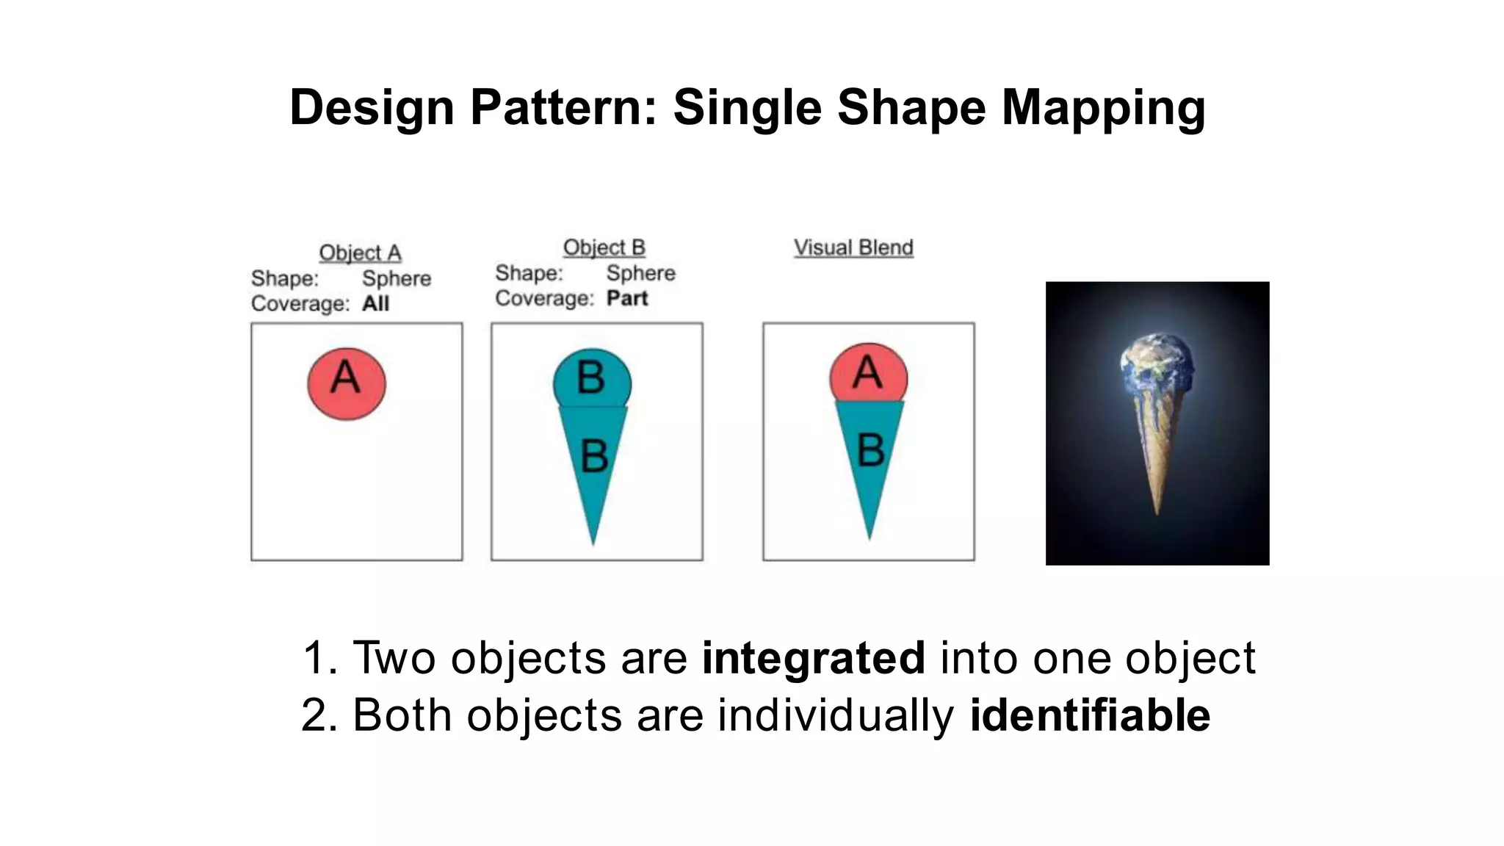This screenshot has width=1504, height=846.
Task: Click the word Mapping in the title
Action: pos(1103,108)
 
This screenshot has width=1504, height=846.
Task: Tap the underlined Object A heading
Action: pos(360,253)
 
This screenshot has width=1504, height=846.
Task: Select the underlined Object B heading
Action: pos(604,247)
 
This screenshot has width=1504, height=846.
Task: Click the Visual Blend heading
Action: pos(853,247)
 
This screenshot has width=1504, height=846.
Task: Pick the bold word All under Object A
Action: pos(375,303)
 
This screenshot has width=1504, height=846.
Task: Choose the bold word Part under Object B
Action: pos(626,298)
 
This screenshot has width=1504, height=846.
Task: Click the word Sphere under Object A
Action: pos(397,278)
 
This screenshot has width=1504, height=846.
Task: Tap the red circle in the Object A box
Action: pos(346,384)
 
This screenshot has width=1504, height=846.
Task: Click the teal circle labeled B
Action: pos(591,378)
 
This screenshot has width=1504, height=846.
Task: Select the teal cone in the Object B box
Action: pos(593,463)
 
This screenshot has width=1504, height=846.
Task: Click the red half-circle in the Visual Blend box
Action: pos(868,373)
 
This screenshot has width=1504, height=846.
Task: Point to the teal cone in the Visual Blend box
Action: pos(870,455)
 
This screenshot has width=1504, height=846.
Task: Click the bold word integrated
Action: pos(813,657)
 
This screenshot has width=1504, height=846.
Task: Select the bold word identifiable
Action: pos(1090,715)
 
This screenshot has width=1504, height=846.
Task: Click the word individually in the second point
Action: pos(836,715)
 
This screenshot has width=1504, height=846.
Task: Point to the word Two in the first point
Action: pos(394,657)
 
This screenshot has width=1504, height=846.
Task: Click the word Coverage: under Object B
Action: pos(544,298)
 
